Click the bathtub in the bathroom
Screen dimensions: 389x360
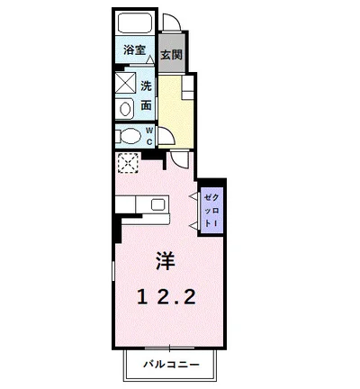coord(136,23)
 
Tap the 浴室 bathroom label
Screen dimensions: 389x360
coord(133,51)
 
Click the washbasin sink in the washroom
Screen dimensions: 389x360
coord(126,108)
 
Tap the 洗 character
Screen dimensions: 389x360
coord(146,86)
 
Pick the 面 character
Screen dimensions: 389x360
coord(146,106)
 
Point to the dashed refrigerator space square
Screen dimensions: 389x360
coord(129,164)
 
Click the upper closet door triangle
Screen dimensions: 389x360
coord(193,195)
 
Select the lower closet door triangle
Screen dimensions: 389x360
coord(193,222)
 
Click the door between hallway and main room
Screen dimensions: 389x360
coord(179,161)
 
